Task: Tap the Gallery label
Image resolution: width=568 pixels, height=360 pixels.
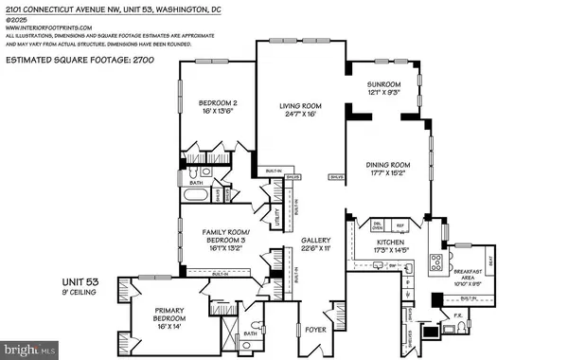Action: pyautogui.click(x=315, y=242)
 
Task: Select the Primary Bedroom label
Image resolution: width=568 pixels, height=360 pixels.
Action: pyautogui.click(x=158, y=317)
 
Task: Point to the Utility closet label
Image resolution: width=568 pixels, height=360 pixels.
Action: pyautogui.click(x=277, y=217)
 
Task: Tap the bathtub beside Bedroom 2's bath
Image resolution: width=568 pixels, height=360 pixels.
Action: pyautogui.click(x=197, y=197)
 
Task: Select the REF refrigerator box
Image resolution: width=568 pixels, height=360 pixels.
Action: pyautogui.click(x=400, y=225)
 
